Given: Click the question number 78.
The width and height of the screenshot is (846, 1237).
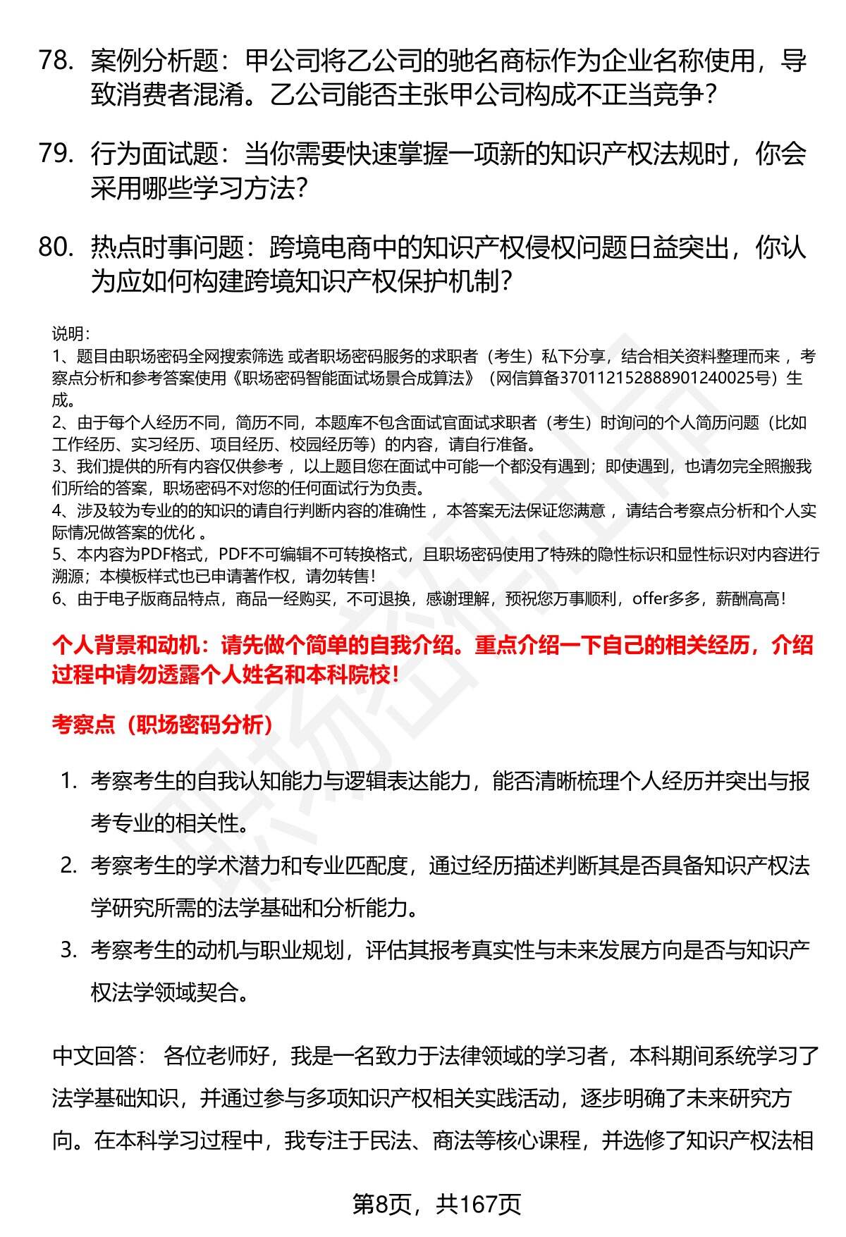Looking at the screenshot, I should click(56, 62).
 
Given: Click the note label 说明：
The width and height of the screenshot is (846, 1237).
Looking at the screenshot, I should click(70, 334).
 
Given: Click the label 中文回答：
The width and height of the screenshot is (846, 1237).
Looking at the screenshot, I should click(99, 1056).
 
